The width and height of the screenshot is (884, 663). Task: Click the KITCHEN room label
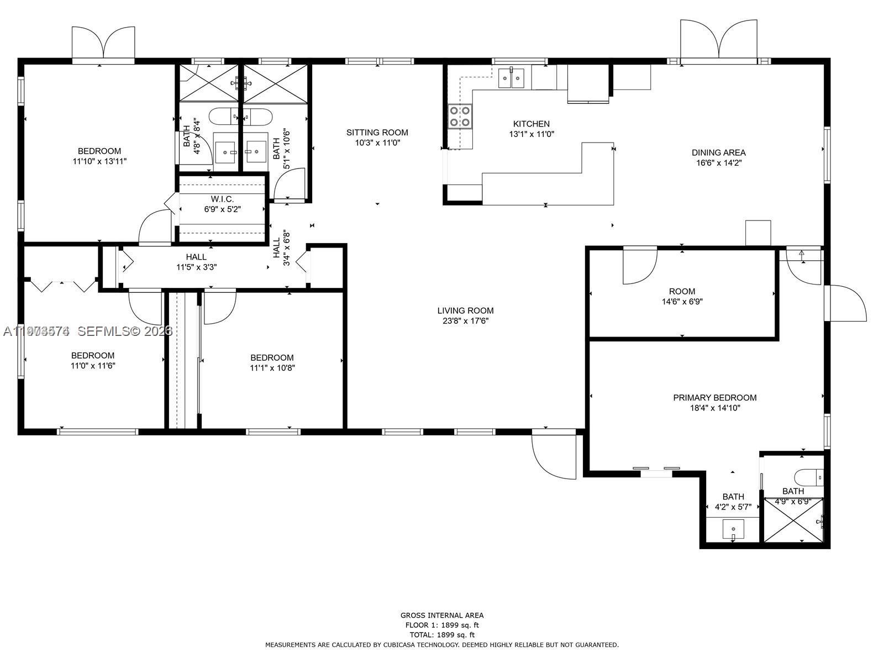[531, 124]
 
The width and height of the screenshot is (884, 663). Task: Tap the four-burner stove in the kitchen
[460, 116]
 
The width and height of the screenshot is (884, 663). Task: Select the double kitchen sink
[511, 78]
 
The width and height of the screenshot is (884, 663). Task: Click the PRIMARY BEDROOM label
[714, 398]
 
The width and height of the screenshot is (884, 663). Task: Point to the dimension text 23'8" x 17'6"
[465, 321]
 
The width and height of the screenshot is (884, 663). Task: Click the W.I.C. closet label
[222, 199]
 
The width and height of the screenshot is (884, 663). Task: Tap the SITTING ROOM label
[377, 132]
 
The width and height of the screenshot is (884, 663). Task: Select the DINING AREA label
[718, 152]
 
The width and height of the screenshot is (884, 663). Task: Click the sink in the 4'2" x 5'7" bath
[733, 529]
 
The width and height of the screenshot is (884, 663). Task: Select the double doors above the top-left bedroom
[103, 43]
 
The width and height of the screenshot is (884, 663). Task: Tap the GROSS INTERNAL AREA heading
[441, 615]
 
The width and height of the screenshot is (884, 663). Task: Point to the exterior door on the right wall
[845, 303]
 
